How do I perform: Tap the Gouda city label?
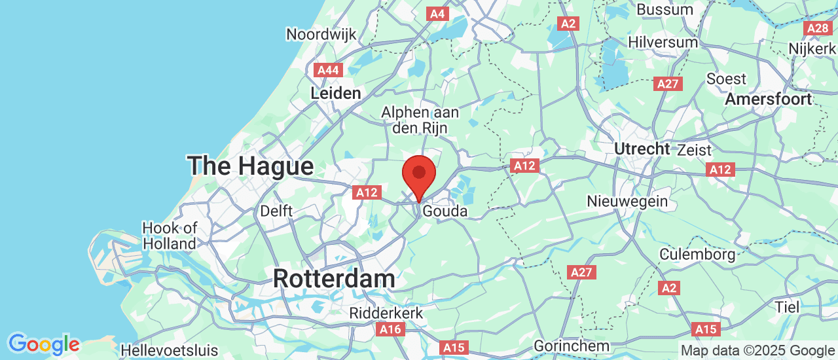[445, 211]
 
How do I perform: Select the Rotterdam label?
[334, 278]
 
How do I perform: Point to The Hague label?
[251, 166]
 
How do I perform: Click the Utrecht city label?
[642, 149]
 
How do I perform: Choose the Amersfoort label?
[769, 99]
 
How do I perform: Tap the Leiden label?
[336, 94]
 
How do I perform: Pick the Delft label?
[276, 211]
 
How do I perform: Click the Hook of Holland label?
[170, 236]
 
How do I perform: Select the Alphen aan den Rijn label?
[420, 120]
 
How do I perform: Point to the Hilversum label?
[663, 42]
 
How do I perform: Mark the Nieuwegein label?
[627, 201]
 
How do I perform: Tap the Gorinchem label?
[572, 346]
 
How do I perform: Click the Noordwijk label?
[321, 34]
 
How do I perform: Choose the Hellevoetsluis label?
[170, 350]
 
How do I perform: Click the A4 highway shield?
[437, 13]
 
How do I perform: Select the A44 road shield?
[327, 70]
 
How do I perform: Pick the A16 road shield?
[391, 329]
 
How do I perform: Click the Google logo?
[43, 344]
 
